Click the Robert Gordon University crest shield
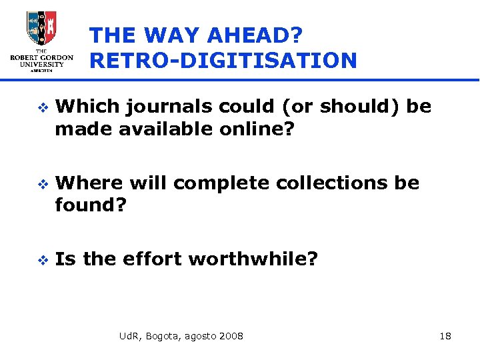41,28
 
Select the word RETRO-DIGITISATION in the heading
223,61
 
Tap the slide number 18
445,335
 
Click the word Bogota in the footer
162,336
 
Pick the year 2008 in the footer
231,335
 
